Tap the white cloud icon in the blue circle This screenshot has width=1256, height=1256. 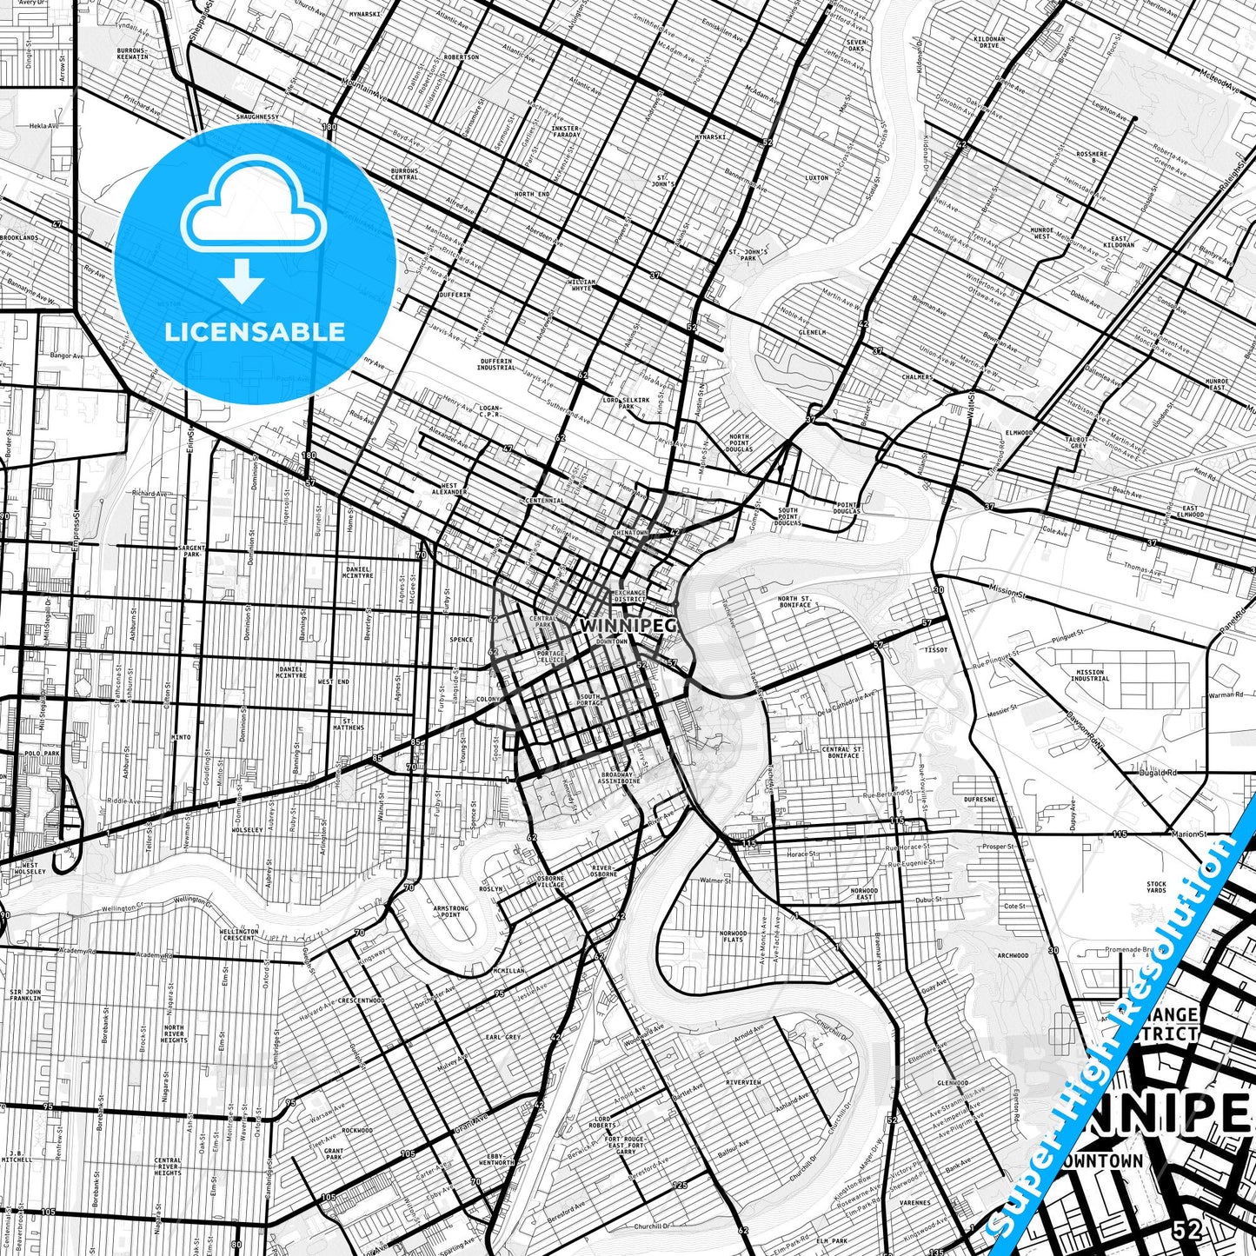click(254, 213)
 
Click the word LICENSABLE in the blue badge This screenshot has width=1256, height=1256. click(255, 331)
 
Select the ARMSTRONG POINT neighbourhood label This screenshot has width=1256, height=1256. click(450, 911)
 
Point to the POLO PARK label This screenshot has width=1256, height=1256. click(41, 754)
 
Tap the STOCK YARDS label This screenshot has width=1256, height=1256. click(1155, 887)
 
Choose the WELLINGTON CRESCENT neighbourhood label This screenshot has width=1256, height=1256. click(239, 934)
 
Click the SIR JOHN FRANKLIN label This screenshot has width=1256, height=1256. click(25, 995)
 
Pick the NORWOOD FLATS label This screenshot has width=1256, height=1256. click(733, 936)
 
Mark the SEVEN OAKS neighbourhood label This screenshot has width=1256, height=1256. click(856, 45)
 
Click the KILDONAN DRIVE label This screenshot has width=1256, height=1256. click(989, 42)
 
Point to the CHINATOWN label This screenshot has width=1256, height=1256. click(630, 532)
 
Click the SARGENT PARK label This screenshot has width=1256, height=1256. click(193, 551)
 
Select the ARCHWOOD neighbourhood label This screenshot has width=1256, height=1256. click(1013, 955)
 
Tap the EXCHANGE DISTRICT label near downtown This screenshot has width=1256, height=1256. click(629, 596)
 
